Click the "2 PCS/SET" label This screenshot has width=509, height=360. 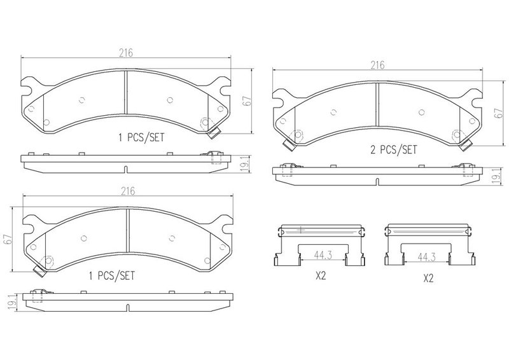click(393, 149)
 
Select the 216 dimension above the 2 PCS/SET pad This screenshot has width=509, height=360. click(377, 66)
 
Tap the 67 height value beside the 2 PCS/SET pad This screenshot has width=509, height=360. click(499, 113)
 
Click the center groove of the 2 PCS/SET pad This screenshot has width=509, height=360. click(377, 104)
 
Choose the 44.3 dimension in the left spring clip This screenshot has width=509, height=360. click(323, 256)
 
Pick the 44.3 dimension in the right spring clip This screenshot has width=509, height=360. click(426, 257)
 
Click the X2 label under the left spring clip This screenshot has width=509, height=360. click(321, 276)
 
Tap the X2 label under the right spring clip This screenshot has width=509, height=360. click(428, 278)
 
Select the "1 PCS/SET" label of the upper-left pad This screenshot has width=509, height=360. click(141, 137)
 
